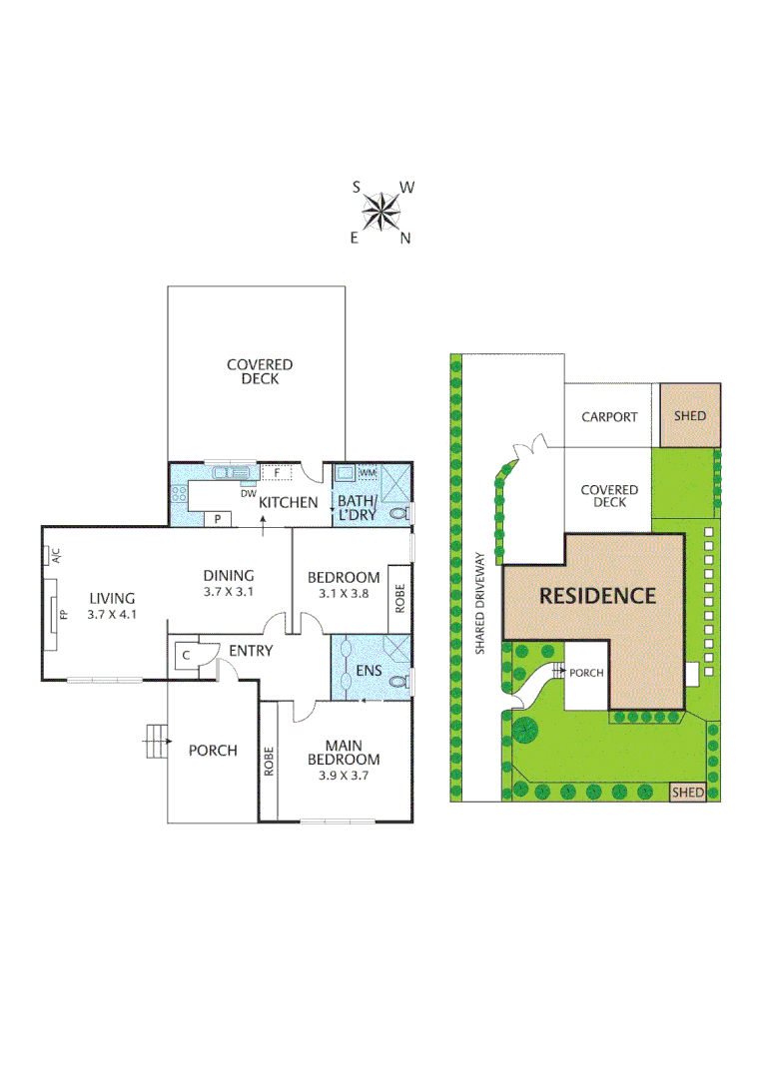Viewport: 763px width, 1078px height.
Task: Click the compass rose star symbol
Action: point(381,211)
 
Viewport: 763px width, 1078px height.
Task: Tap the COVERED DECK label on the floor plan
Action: point(259,372)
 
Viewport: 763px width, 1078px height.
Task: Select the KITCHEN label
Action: point(289,503)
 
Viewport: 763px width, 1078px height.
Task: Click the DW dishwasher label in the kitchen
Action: point(247,492)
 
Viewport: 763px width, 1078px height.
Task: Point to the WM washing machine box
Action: point(368,472)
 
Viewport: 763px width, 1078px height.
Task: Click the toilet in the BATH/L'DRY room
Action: point(399,513)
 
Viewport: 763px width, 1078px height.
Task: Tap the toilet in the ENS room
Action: point(399,684)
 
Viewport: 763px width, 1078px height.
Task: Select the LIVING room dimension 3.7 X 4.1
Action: point(110,615)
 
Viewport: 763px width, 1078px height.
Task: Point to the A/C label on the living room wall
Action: point(56,555)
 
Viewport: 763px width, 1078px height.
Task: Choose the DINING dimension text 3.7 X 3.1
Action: point(229,592)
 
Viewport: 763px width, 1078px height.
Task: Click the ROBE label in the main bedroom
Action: point(269,762)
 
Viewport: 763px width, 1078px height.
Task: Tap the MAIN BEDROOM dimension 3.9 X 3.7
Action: point(350,775)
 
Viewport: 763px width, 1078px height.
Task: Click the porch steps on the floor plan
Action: point(155,741)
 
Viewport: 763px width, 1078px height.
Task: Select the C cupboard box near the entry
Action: point(186,655)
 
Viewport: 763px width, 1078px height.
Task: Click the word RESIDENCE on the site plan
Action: point(597,596)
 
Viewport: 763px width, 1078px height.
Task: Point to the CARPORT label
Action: point(609,416)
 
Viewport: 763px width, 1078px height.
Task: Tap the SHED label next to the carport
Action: point(689,415)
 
